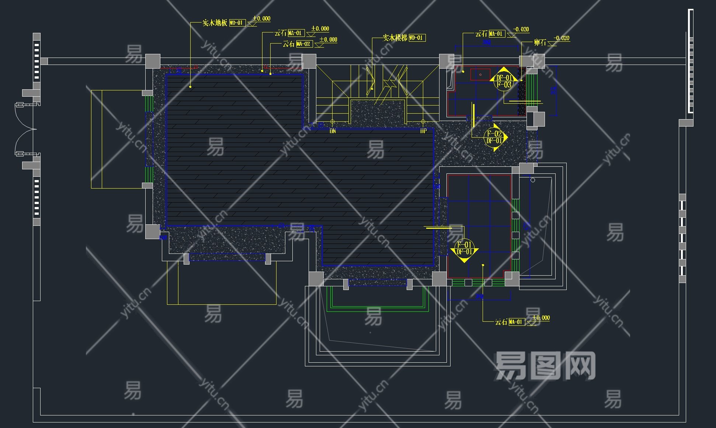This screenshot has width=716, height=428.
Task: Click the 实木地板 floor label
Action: pyautogui.click(x=215, y=23)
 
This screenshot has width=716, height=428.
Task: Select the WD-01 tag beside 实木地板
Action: pyautogui.click(x=237, y=23)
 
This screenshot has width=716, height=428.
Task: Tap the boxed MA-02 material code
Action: pyautogui.click(x=304, y=44)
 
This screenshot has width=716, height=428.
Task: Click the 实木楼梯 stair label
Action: pyautogui.click(x=395, y=38)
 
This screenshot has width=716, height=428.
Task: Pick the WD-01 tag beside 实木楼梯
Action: pyautogui.click(x=417, y=38)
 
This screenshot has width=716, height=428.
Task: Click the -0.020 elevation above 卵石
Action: pyautogui.click(x=562, y=38)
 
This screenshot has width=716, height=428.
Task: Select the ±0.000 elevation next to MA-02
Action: pyautogui.click(x=328, y=39)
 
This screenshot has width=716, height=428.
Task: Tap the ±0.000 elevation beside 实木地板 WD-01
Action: pyautogui.click(x=261, y=18)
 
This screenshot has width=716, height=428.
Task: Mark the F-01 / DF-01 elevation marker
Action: pyautogui.click(x=464, y=248)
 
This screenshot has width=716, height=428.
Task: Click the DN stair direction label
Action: pyautogui.click(x=333, y=131)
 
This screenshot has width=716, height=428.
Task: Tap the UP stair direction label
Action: pyautogui.click(x=423, y=131)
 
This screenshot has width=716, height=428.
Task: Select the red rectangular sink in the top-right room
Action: pyautogui.click(x=480, y=75)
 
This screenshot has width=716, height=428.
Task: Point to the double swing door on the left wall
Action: pyautogui.click(x=26, y=129)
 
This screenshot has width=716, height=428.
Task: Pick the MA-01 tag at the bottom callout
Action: pyautogui.click(x=516, y=322)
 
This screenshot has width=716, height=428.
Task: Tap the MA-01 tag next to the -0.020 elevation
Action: pyautogui.click(x=497, y=34)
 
